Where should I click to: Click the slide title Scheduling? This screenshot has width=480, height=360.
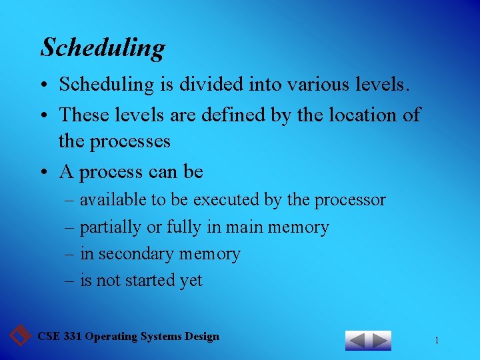(x=103, y=48)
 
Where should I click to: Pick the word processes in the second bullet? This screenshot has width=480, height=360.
(x=133, y=141)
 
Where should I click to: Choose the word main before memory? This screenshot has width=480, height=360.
(x=245, y=227)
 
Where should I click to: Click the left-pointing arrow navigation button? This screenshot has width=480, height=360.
(x=357, y=341)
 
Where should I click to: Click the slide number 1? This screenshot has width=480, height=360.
(x=437, y=341)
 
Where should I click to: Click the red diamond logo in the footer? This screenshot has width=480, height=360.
(x=21, y=335)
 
